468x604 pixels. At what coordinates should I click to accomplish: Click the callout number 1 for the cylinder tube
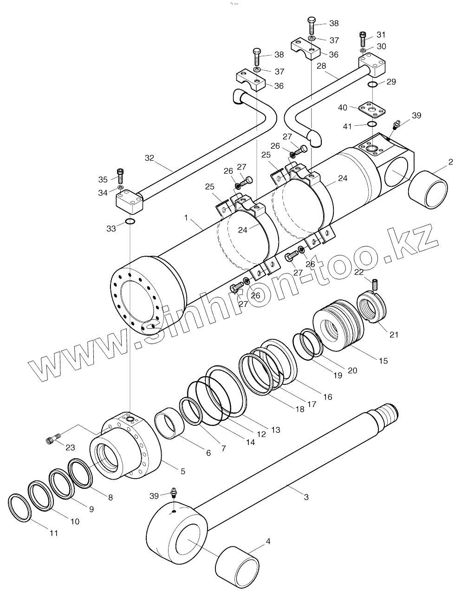pyautogui.click(x=186, y=217)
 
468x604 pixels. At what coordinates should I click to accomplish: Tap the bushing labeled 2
pyautogui.click(x=428, y=190)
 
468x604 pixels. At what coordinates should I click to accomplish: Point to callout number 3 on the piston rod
pyautogui.click(x=306, y=497)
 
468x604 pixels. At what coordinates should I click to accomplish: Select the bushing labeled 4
pyautogui.click(x=238, y=568)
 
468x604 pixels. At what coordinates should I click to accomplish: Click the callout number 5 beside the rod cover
pyautogui.click(x=183, y=471)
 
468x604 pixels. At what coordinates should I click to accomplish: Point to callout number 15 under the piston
pyautogui.click(x=383, y=361)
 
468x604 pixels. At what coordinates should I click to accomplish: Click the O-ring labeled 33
pyautogui.click(x=130, y=222)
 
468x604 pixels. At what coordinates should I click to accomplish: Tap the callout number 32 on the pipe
pyautogui.click(x=149, y=158)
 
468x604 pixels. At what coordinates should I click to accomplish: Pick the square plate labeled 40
pyautogui.click(x=372, y=110)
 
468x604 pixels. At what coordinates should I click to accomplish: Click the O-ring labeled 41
pyautogui.click(x=372, y=124)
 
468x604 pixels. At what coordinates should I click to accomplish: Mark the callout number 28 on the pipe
pyautogui.click(x=321, y=67)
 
